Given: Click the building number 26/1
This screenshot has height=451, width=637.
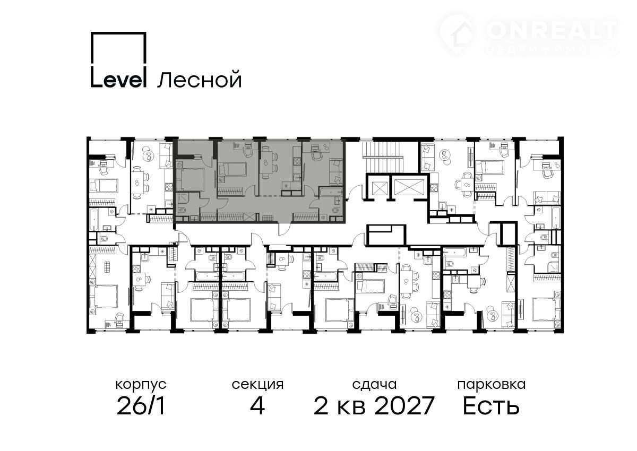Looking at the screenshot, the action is click(x=141, y=406).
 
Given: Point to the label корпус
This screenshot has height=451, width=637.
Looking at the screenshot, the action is click(x=141, y=385).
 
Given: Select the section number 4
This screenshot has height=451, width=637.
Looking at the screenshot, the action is click(x=257, y=406).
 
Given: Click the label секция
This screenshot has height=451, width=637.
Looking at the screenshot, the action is click(x=257, y=385).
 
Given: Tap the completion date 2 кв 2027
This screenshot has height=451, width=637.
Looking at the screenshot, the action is click(x=374, y=406).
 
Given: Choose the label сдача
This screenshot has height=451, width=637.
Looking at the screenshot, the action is click(x=374, y=385).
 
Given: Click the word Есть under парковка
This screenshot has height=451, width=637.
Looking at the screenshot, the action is click(x=491, y=406).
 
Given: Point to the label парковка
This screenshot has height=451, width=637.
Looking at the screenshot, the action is click(x=492, y=385).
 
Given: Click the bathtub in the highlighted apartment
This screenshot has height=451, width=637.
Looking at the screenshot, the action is click(x=331, y=192).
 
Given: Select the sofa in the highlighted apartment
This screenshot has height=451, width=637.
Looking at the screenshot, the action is click(x=336, y=170).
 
